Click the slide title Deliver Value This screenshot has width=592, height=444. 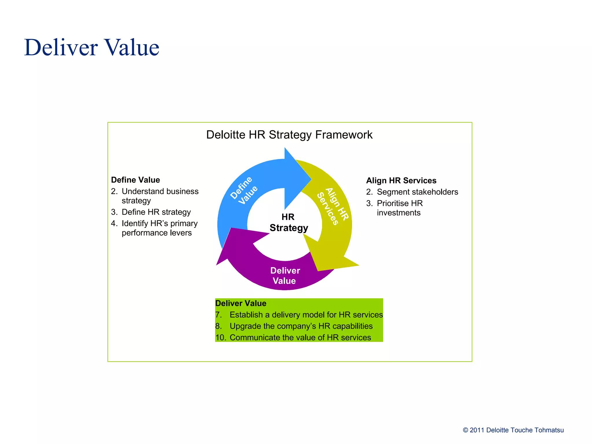(92, 47)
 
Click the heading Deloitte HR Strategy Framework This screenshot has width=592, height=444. (289, 135)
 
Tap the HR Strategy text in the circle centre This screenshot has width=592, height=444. (288, 222)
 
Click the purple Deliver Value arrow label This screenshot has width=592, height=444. (285, 275)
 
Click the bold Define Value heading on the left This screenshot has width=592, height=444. (135, 180)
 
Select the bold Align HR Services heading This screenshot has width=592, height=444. (401, 180)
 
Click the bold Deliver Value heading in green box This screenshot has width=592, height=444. (241, 303)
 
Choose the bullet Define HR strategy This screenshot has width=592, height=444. (156, 212)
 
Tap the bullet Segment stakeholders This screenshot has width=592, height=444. (417, 192)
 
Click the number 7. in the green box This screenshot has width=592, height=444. (219, 314)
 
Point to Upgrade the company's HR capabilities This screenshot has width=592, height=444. (301, 326)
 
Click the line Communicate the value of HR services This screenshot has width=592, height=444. (300, 337)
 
